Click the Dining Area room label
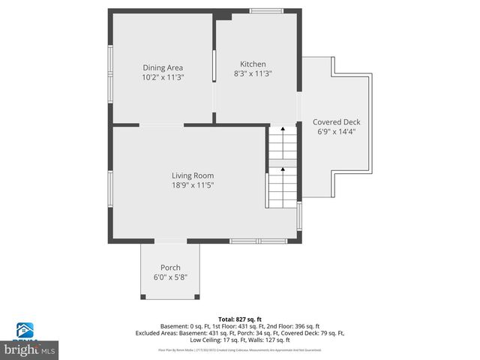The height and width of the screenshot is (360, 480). click(163, 67)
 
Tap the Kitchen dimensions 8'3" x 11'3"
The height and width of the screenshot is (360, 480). click(253, 73)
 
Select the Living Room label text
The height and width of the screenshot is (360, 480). click(193, 175)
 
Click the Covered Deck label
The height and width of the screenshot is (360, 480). click(337, 121)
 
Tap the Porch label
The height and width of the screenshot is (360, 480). click(170, 268)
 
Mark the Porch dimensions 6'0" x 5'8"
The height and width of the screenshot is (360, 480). click(170, 277)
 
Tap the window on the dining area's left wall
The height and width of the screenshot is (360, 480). click(110, 73)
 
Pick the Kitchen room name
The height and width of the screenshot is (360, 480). click(253, 64)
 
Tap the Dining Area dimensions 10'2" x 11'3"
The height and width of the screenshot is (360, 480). click(163, 77)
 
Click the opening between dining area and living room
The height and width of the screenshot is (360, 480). click(161, 124)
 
